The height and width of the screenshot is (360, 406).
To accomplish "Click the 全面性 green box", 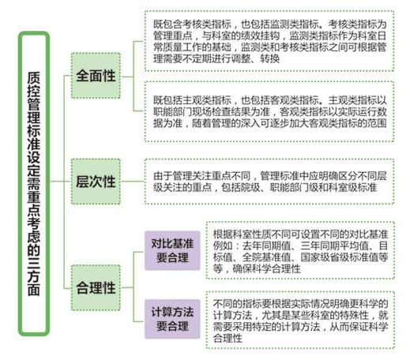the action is (x=96, y=76).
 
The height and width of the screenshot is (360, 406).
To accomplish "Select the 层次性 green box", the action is (x=96, y=182).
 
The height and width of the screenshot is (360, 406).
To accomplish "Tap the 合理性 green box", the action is (x=96, y=287).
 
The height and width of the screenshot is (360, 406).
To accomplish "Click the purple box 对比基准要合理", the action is (x=172, y=250).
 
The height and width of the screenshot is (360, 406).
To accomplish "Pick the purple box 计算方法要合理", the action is (x=172, y=319).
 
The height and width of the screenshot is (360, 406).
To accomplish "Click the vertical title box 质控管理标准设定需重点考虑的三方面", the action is (x=34, y=184).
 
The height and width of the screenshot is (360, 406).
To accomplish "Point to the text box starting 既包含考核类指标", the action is (x=269, y=41).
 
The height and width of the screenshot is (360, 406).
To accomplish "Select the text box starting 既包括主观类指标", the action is (x=269, y=111).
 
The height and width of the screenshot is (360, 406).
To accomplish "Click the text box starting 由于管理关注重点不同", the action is (x=269, y=182).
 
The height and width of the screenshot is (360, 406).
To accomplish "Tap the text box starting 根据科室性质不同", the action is (x=300, y=250).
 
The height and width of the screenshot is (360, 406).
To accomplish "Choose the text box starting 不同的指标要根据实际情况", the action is (x=300, y=321).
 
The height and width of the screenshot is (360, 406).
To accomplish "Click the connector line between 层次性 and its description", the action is (x=133, y=182).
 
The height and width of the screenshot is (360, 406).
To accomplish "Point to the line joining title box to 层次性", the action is (x=60, y=182).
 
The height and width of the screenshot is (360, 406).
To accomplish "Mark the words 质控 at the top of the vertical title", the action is (x=34, y=84).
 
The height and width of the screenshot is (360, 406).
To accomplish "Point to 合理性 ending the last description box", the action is (x=227, y=338).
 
